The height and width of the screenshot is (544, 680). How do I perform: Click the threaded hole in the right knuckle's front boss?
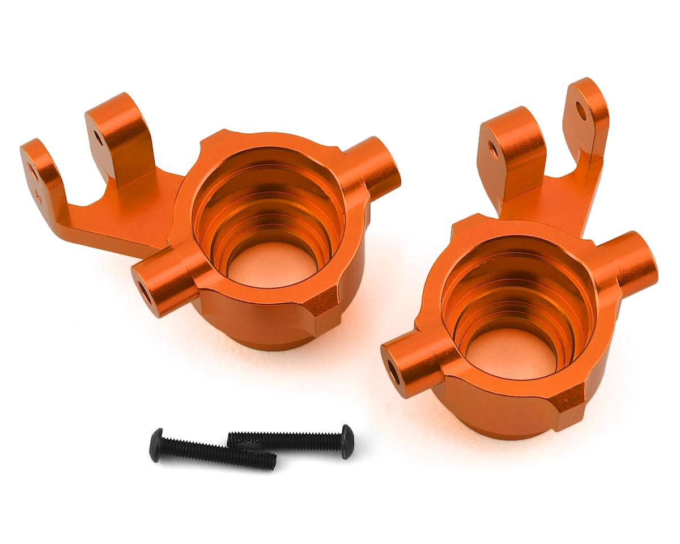pyautogui.click(x=392, y=373)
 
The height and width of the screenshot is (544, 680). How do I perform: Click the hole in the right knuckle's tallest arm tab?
pyautogui.click(x=581, y=110)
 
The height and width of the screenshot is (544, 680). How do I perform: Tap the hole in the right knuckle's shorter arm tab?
pyautogui.click(x=492, y=149)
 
